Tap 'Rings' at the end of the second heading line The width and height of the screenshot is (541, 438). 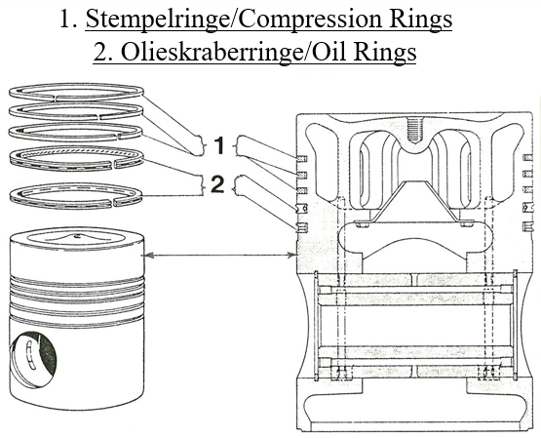[x=384, y=51]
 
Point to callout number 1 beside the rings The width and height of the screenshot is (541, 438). [x=219, y=145]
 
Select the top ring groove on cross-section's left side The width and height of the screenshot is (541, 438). [x=301, y=157]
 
